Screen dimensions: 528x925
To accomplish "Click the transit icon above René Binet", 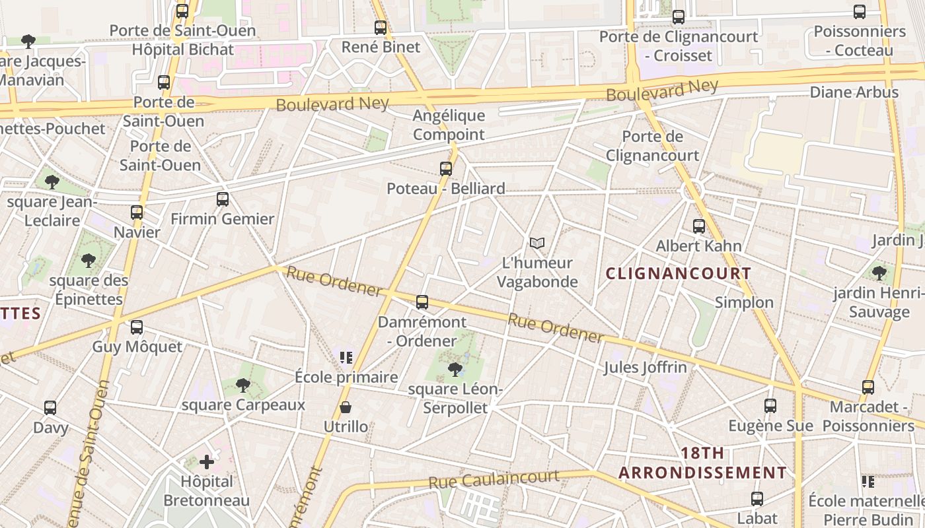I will (x=381, y=28).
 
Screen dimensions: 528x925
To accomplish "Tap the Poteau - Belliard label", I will (x=445, y=189).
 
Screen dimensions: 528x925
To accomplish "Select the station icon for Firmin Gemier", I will (x=223, y=199).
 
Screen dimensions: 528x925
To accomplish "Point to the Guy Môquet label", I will (x=137, y=347).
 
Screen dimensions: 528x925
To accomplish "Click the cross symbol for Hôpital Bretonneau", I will (x=207, y=462).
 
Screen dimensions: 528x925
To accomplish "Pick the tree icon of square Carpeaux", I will (x=243, y=385).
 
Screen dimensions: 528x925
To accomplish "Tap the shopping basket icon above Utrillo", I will (x=345, y=407).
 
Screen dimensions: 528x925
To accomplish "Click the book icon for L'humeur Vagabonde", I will (x=537, y=244).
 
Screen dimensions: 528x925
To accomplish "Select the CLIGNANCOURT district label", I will (x=679, y=273).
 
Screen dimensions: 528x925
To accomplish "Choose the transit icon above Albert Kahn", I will (x=699, y=226).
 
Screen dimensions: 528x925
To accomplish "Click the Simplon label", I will (x=744, y=302).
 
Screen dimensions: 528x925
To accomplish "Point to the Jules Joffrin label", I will (x=645, y=367).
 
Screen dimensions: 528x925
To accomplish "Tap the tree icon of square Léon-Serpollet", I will (x=455, y=369).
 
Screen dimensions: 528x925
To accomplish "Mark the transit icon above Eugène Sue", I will (x=770, y=406).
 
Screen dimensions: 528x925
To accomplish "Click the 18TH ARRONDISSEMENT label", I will (x=702, y=463).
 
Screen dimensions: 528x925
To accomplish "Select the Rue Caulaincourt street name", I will (x=494, y=479).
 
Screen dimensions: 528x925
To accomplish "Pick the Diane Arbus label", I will (x=854, y=92).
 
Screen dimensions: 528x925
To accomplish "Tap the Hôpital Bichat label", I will (x=183, y=49).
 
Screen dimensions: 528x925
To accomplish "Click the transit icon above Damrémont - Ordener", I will (x=422, y=302).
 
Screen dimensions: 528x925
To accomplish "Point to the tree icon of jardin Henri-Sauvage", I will (x=879, y=273).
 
